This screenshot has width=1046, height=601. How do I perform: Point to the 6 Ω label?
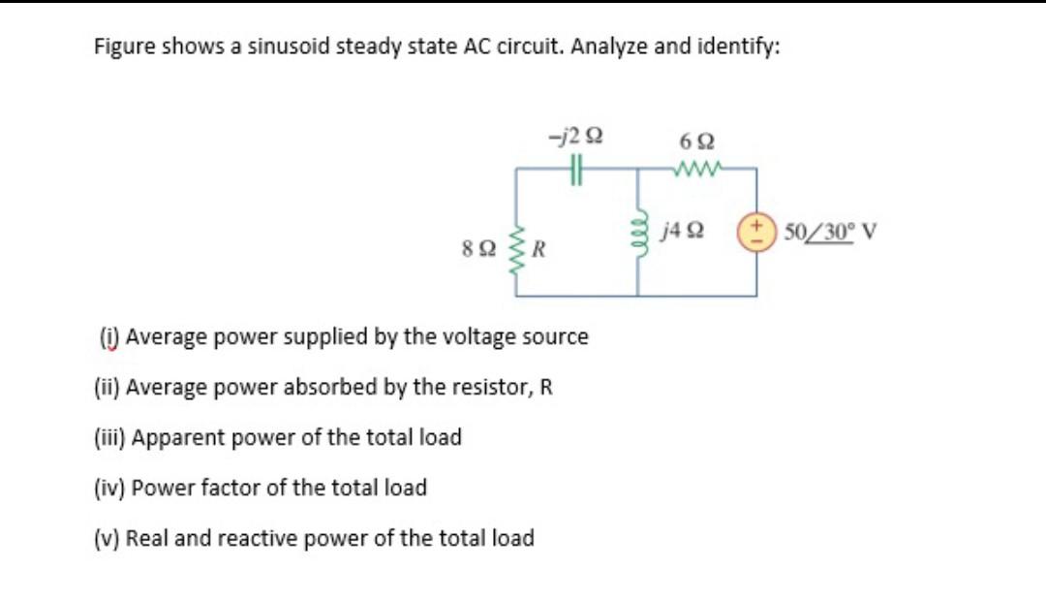tap(696, 140)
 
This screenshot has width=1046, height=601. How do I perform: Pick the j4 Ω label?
tap(685, 232)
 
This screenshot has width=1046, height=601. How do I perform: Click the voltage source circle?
tap(755, 233)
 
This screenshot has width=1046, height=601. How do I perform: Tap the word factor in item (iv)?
tap(225, 488)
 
